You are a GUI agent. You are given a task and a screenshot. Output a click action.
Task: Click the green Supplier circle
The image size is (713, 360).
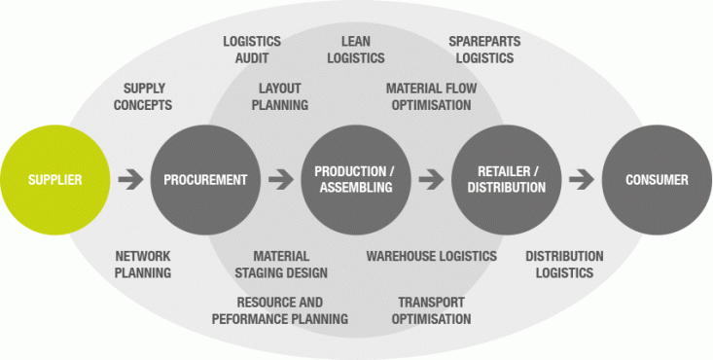(x=54, y=180)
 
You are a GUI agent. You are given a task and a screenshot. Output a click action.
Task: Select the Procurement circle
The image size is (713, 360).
(x=205, y=180)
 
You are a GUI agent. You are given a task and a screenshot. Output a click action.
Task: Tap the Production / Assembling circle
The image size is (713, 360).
(x=354, y=180)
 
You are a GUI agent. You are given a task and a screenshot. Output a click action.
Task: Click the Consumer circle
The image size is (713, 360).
(x=657, y=180)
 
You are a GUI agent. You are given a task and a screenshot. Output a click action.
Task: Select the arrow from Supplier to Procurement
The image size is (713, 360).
(x=129, y=180)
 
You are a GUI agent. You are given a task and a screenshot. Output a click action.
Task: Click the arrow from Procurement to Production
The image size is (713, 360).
(x=280, y=180)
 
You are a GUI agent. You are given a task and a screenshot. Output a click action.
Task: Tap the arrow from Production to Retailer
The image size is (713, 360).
(x=429, y=180)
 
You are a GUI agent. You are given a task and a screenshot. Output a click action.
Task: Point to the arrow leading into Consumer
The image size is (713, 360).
(x=581, y=180)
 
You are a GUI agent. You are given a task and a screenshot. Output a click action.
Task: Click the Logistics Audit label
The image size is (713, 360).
(x=252, y=50)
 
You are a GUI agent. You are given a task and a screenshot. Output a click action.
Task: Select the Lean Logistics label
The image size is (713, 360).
(x=356, y=50)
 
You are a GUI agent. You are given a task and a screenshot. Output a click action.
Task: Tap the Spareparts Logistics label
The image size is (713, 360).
(x=481, y=50)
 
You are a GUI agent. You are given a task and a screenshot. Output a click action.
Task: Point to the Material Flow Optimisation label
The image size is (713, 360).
(x=431, y=96)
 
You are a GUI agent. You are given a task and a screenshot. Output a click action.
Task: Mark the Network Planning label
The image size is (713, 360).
(x=143, y=265)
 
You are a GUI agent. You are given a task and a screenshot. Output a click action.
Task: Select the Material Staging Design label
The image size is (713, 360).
(x=283, y=265)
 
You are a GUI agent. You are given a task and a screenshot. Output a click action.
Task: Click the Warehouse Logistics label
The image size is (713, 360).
(x=432, y=256)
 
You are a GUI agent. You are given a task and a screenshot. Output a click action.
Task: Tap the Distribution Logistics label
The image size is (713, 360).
(x=564, y=265)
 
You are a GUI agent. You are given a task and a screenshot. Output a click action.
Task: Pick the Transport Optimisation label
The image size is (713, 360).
(x=431, y=310)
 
